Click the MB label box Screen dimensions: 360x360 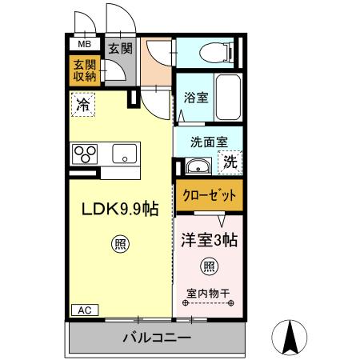click(x=83, y=45)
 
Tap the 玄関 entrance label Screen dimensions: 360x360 click(x=121, y=47)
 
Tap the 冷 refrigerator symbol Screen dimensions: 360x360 click(x=83, y=103)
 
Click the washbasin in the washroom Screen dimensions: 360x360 click(x=197, y=167)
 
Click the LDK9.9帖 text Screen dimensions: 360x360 click(x=120, y=209)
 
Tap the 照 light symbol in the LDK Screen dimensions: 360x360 click(x=120, y=244)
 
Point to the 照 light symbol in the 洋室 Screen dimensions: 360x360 click(x=209, y=266)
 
